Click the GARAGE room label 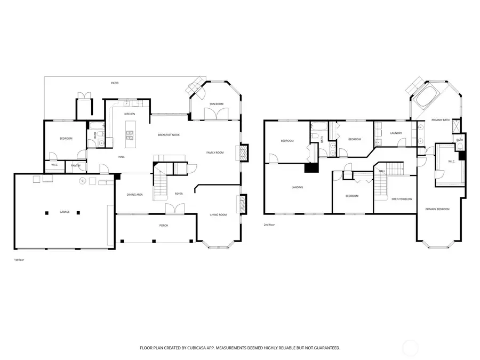tap(64, 212)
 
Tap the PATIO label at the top tap(115, 83)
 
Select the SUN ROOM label tap(216, 103)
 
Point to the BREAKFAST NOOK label tap(169, 135)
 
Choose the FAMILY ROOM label tap(215, 153)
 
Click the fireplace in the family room tap(243, 153)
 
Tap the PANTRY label tap(76, 166)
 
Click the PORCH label tap(164, 226)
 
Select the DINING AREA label tap(134, 195)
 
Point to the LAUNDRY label tap(396, 133)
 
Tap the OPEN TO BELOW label tap(402, 199)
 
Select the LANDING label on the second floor tap(298, 188)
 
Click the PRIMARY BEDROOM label tap(437, 209)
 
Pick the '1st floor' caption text tap(20, 260)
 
